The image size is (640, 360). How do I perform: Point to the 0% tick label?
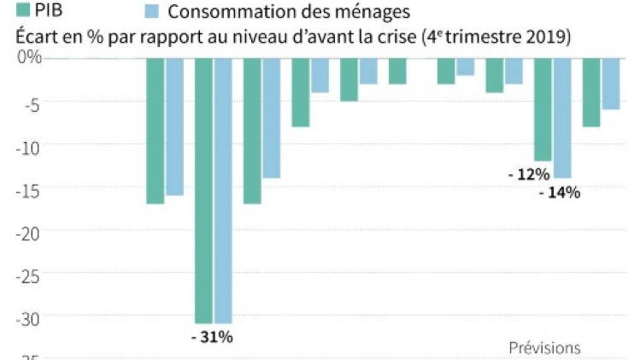point(29,56)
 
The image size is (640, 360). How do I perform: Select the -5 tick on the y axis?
point(30,101)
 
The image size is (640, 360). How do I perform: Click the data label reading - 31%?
point(211,336)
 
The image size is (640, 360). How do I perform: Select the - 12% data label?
point(528,174)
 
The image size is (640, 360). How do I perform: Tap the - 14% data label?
point(560,192)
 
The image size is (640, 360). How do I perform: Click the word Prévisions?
point(544,348)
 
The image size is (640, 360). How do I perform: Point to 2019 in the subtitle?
point(549,38)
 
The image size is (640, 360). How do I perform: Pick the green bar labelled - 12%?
point(543,109)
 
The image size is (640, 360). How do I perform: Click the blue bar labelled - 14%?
point(563,117)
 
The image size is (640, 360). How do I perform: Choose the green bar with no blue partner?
point(397,71)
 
